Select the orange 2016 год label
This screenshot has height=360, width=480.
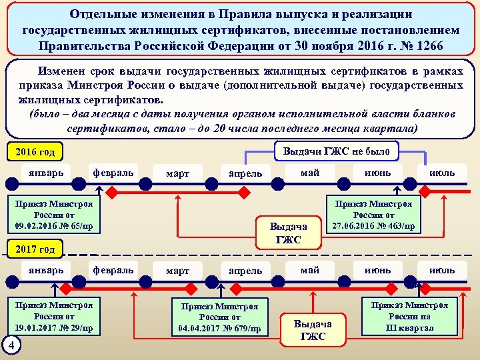[35, 153]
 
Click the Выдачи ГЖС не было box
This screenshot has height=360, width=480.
[336, 151]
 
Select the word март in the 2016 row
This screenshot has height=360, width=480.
[177, 173]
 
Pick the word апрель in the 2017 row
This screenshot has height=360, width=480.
[245, 271]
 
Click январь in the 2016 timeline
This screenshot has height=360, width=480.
[46, 173]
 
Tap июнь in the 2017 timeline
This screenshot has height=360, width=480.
[378, 271]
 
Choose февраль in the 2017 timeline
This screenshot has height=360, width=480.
[113, 271]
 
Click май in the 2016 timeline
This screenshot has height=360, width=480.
[310, 173]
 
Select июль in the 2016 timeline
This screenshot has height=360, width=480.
[441, 173]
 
